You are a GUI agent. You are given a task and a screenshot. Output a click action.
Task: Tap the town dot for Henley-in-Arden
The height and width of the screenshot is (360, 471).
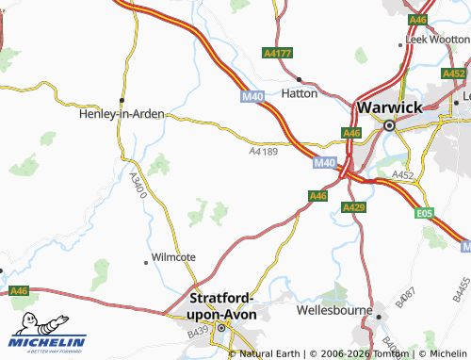point(121,99)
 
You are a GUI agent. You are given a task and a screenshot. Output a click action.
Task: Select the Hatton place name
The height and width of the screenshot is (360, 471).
point(300,94)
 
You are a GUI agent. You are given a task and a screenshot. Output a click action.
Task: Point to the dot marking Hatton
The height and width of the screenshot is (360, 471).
point(299,79)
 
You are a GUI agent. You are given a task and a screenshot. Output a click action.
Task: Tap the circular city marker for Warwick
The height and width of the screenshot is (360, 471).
point(387,124)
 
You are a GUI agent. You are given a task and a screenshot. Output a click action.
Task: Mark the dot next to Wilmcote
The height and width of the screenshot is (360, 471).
point(146,257)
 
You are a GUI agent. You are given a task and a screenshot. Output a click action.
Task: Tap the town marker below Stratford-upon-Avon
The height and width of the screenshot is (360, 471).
point(222,328)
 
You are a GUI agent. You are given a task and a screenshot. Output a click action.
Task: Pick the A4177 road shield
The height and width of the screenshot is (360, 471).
point(277,54)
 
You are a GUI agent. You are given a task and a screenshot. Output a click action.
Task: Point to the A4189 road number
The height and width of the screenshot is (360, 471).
point(265,150)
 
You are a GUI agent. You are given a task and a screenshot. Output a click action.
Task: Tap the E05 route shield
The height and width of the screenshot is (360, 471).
point(427,214)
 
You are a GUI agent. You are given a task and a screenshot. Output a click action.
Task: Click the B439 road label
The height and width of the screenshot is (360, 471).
point(199,332)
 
